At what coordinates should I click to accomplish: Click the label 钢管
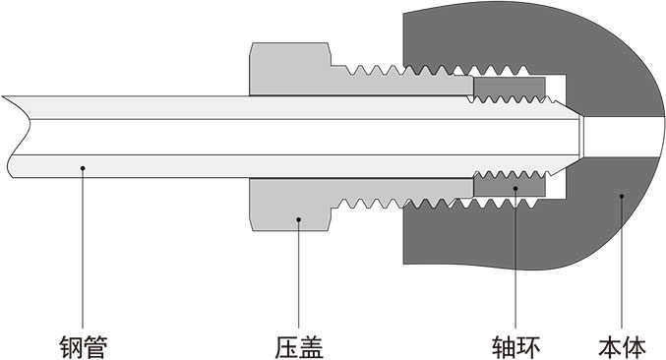[83, 345]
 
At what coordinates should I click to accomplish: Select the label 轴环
[515, 345]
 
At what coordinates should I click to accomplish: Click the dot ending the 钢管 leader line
[83, 169]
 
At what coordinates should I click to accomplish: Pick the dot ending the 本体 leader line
[621, 196]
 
